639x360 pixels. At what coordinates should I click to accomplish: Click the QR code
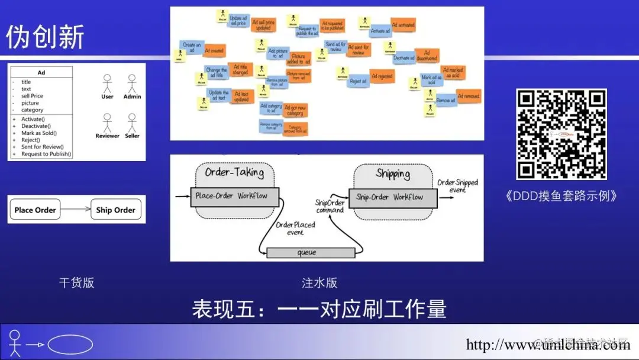[x=561, y=134]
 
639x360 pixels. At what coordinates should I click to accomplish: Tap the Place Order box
[x=35, y=210]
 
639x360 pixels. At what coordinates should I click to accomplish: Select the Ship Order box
[x=116, y=210]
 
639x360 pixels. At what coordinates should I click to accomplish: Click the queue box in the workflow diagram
[x=306, y=253]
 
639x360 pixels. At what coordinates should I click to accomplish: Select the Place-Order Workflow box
[x=234, y=196]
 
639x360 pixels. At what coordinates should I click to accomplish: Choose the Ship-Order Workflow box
[x=392, y=197]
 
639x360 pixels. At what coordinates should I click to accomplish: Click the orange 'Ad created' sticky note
[x=214, y=51]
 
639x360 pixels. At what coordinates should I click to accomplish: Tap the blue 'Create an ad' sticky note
[x=191, y=47]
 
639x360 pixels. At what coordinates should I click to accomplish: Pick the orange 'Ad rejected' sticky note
[x=382, y=76]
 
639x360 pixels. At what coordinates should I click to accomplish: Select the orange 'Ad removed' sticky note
[x=469, y=96]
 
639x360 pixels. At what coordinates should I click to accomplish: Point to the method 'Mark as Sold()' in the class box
[x=39, y=133]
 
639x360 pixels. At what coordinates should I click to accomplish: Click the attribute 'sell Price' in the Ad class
[x=32, y=96]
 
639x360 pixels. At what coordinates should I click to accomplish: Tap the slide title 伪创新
[x=45, y=37]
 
